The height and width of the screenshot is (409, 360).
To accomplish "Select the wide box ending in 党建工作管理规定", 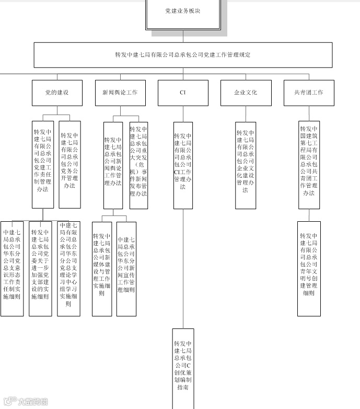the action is point(183,55).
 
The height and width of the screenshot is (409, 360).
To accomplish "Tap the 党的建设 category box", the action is point(57,93).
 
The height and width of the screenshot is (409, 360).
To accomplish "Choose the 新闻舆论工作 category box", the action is point(120,93).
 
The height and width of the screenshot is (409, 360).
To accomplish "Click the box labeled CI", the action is point(183,93).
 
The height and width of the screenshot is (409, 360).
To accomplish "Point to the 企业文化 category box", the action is point(246,93).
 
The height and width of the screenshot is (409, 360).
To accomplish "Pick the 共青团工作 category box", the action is point(309,93).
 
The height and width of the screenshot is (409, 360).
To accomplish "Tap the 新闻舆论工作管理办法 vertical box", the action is point(113,165).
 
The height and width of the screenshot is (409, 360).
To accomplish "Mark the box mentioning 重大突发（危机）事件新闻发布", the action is point(138,165).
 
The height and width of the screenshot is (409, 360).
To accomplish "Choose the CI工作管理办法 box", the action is point(183,165).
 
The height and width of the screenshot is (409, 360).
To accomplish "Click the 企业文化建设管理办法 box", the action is point(246,165).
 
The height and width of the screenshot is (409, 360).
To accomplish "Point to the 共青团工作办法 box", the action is point(309,165).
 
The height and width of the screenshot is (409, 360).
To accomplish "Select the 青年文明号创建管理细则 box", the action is point(309,268).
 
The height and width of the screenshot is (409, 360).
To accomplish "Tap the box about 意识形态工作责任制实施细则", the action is point(12,268).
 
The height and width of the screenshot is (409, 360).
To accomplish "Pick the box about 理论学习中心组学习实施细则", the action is point(68,268).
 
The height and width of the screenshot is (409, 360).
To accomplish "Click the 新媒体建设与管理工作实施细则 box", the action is point(102,268).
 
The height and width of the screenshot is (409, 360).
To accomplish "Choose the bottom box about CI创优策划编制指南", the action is point(183,366).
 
